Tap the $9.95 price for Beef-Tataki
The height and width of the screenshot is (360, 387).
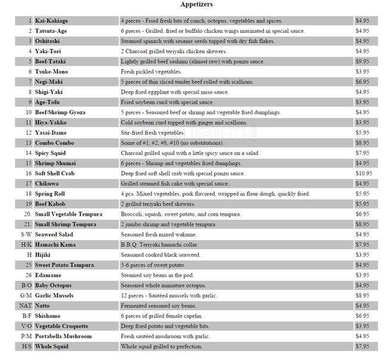(363, 61)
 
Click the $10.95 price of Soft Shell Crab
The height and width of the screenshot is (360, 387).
(364, 173)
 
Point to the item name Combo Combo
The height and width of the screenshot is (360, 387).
(55, 142)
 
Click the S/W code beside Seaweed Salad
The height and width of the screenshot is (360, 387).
(26, 234)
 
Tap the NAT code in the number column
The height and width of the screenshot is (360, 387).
(25, 305)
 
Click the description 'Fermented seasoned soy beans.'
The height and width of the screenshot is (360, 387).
(159, 305)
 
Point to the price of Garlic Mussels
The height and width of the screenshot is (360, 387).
(363, 295)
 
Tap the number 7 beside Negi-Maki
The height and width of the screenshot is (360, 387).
(29, 81)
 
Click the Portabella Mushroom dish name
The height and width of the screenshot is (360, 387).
(63, 336)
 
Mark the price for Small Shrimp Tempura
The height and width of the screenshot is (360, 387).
(363, 224)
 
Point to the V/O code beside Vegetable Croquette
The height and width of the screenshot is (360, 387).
(26, 326)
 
